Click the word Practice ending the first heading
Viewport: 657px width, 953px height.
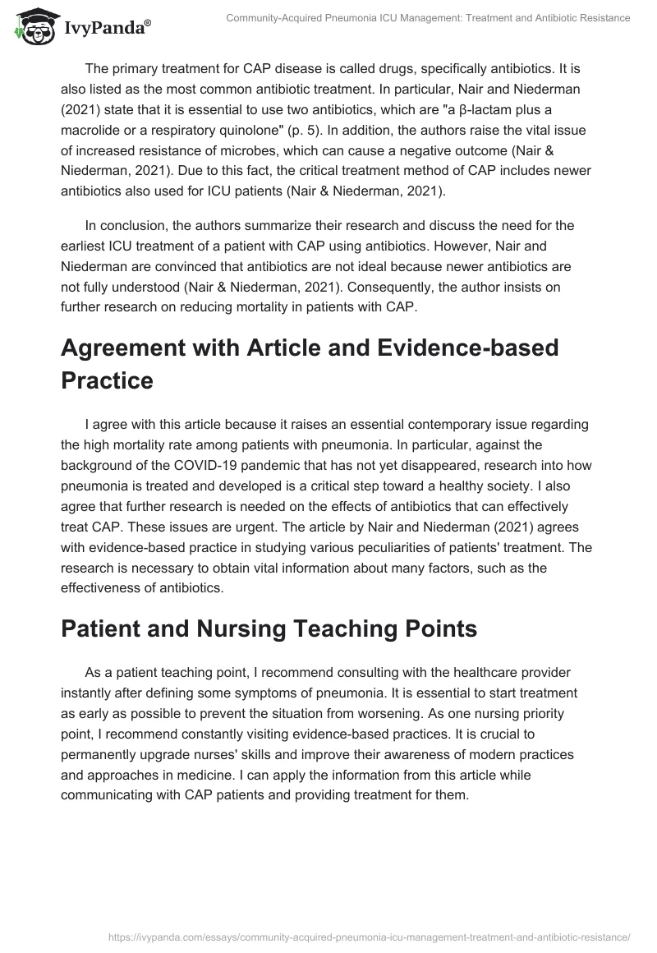click(x=107, y=381)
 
